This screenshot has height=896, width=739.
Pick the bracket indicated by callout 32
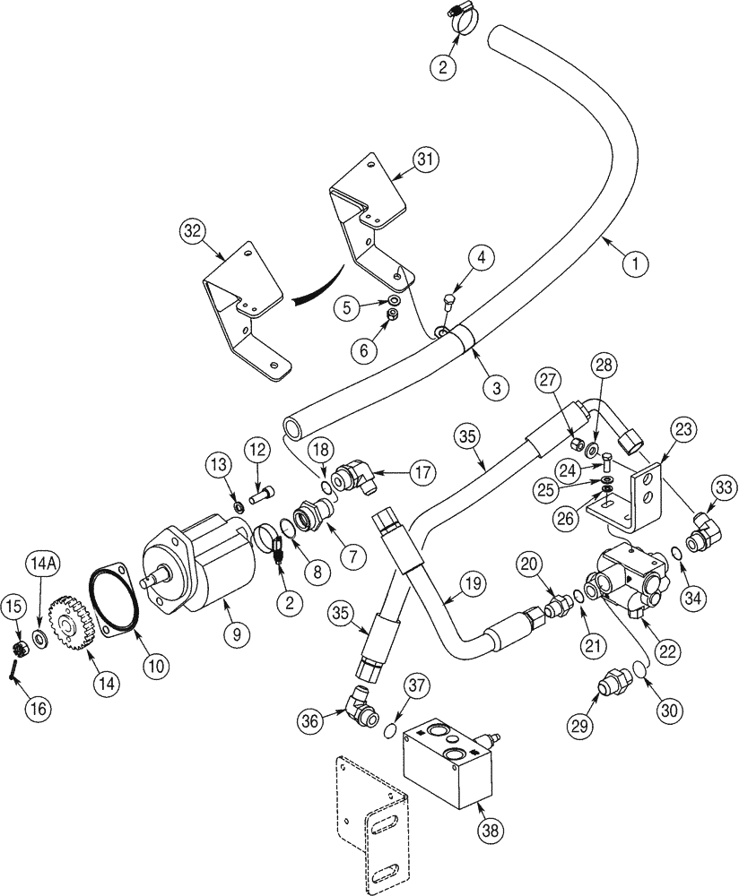coord(243,314)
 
